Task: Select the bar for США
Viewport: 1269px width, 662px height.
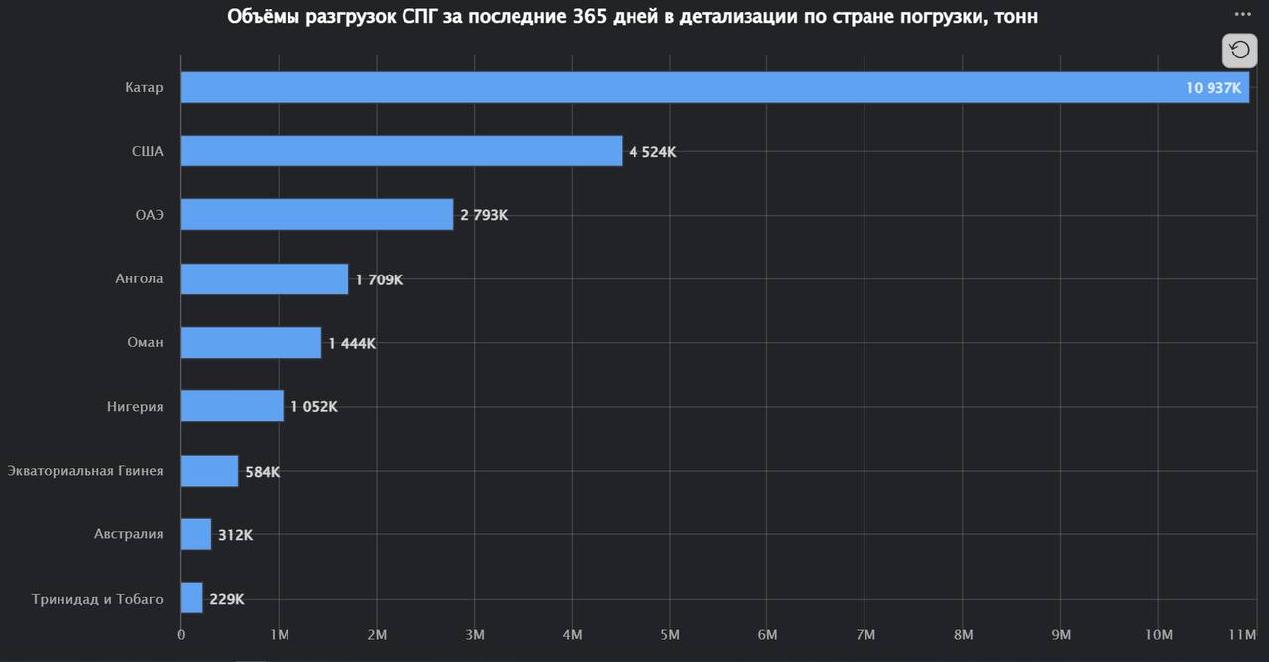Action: point(402,152)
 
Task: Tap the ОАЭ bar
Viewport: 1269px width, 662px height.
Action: point(317,215)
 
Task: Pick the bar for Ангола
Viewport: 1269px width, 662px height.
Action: point(265,279)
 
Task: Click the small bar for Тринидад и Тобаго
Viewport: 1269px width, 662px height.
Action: point(192,599)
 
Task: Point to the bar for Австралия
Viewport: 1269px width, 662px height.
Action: point(196,534)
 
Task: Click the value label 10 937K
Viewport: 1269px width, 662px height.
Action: point(1212,88)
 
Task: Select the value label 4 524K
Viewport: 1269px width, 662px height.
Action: point(652,153)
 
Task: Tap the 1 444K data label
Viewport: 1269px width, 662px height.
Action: point(352,344)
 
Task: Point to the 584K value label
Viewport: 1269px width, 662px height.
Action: point(263,472)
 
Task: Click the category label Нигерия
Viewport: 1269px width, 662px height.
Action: point(135,406)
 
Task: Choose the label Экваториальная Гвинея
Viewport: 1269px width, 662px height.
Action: point(85,470)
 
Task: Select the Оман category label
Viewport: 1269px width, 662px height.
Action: point(145,343)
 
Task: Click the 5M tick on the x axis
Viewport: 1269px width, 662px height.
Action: point(669,634)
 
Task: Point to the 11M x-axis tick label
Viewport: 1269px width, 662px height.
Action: point(1243,634)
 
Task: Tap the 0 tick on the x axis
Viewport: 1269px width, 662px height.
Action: point(181,634)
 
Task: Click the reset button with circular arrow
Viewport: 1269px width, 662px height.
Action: point(1240,50)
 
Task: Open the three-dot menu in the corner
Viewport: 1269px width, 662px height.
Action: point(1243,14)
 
